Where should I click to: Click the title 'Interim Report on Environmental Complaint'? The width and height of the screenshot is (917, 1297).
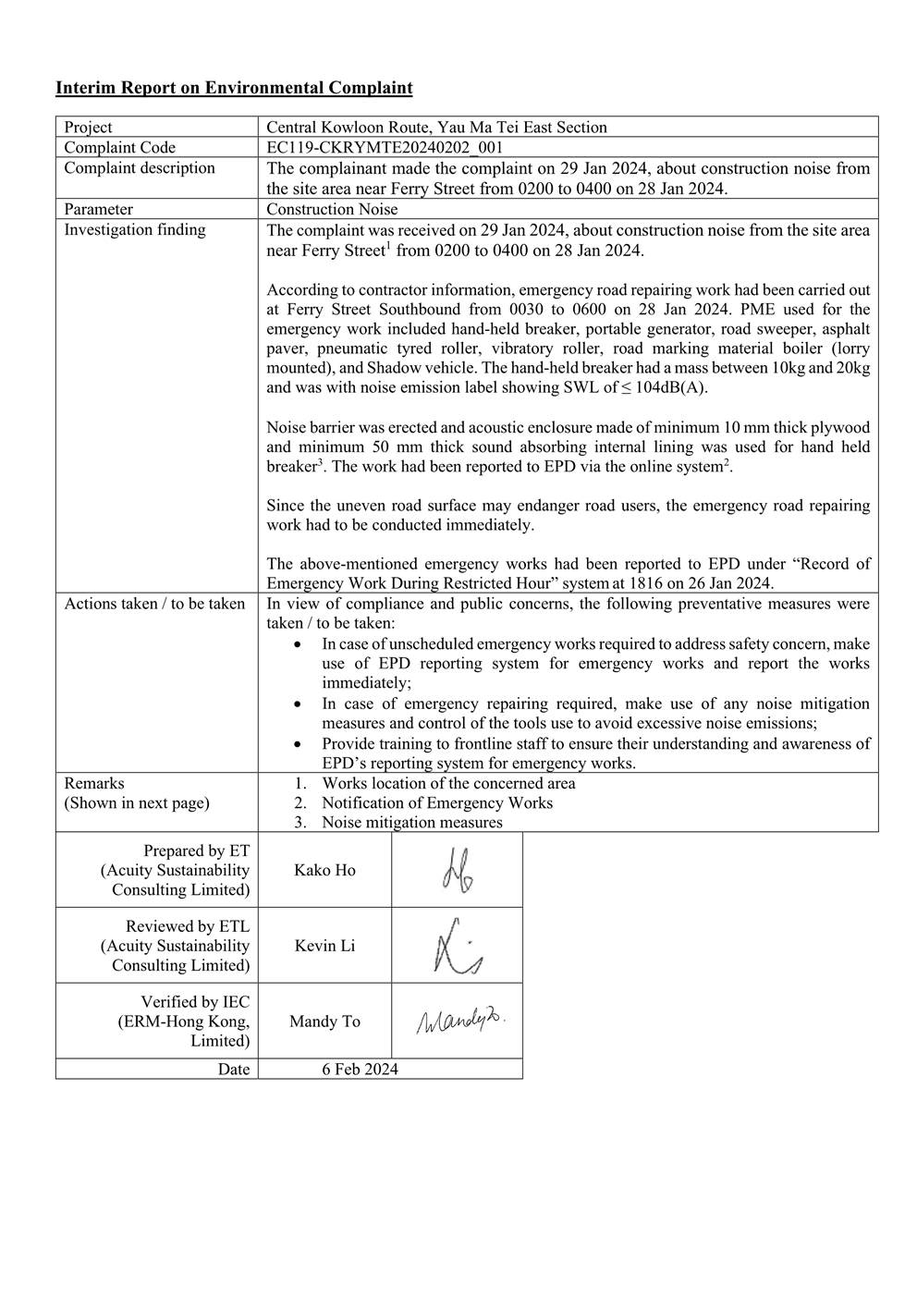click(x=234, y=88)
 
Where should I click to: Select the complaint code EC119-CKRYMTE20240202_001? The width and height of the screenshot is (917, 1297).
click(x=385, y=147)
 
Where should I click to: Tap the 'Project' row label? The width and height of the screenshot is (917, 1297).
click(x=88, y=128)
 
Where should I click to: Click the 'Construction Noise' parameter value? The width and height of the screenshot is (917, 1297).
click(x=332, y=209)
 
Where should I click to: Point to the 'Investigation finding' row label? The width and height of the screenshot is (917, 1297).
click(x=135, y=229)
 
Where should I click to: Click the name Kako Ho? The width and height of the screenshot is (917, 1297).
click(x=324, y=870)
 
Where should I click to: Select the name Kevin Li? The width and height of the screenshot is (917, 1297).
click(x=324, y=946)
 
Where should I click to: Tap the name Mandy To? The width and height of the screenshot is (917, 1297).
click(x=324, y=1022)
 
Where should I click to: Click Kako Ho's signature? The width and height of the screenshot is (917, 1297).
click(x=457, y=870)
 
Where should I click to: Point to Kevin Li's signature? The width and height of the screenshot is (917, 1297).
click(x=457, y=946)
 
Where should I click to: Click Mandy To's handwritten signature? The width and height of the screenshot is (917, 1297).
click(x=460, y=1021)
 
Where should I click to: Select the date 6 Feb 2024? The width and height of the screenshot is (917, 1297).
click(x=360, y=1069)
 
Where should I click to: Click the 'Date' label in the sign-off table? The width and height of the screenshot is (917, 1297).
click(x=234, y=1069)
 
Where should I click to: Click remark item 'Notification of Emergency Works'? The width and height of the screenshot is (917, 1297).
click(x=437, y=802)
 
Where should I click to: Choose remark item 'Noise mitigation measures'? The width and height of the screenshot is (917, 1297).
click(x=412, y=822)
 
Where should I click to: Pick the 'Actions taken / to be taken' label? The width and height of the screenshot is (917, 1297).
click(x=154, y=604)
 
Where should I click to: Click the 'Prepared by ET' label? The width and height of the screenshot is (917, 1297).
click(x=196, y=850)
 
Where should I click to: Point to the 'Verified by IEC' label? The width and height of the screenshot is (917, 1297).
click(x=195, y=1002)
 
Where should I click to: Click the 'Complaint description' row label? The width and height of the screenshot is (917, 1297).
click(x=140, y=167)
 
